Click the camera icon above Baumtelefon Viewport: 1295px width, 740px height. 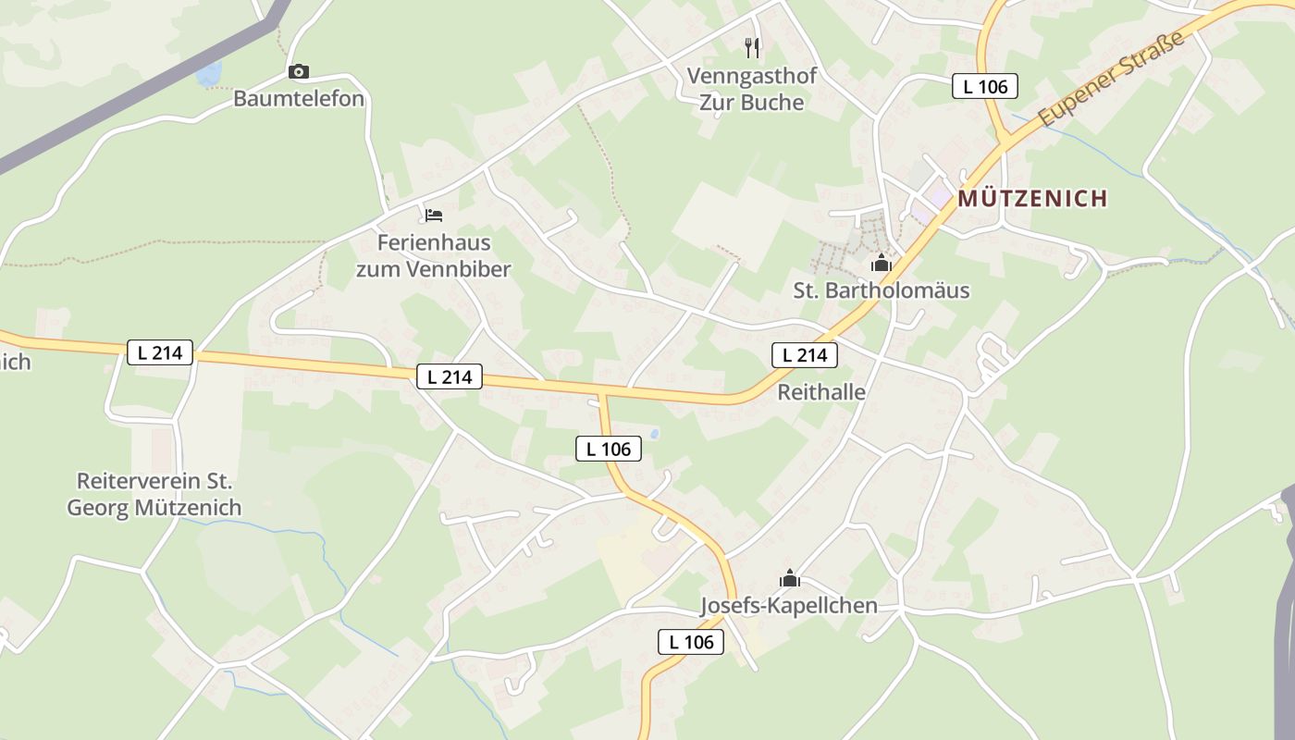coord(298,71)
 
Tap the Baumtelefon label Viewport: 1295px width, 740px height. coord(298,98)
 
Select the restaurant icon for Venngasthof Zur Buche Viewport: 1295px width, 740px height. coord(752,46)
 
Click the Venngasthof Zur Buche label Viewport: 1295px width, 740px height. coord(751,89)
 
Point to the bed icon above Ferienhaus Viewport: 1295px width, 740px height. coord(433,216)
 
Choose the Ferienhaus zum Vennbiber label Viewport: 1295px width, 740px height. coord(433,256)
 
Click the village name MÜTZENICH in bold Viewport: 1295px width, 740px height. coord(1032,198)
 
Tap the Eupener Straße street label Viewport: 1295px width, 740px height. coord(1111,80)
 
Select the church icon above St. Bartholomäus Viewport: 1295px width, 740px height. coord(881,264)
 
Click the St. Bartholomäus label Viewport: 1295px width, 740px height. coord(881,290)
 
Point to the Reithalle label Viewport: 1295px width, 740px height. coord(821,392)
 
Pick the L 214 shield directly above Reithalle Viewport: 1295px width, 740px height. coord(805,355)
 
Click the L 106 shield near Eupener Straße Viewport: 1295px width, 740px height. coord(985,87)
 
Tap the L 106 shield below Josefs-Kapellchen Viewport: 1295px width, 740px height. coord(691,642)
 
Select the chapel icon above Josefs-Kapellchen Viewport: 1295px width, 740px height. coord(789,579)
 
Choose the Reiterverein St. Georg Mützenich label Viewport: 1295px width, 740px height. coord(154,495)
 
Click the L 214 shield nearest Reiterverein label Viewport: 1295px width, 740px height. coord(160,352)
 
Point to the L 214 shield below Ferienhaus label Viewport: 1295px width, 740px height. coord(450,376)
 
